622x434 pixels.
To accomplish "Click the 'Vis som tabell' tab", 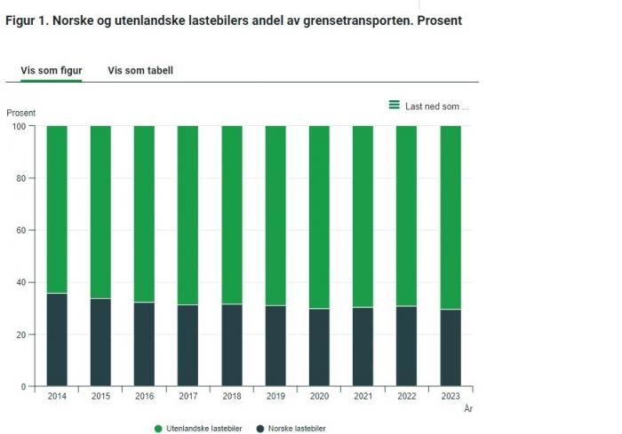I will point(140,70).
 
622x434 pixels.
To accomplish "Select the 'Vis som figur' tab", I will point(52,70).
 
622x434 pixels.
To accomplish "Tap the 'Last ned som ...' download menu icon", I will point(394,105).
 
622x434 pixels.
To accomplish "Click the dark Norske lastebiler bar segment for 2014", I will point(57,340).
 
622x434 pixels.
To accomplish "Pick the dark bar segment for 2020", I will point(319,347).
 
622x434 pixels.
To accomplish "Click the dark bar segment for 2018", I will point(232,345).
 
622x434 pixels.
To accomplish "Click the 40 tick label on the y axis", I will point(20,282).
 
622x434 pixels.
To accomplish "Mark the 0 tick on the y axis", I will point(23,387).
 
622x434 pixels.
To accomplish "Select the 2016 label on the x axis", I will point(144,397).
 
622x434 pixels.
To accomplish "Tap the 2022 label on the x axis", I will point(406,397).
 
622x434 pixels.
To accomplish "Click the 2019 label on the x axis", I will point(275,397).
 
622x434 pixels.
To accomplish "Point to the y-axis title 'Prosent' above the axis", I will point(21,113).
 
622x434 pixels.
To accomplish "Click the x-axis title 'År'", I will point(468,408).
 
